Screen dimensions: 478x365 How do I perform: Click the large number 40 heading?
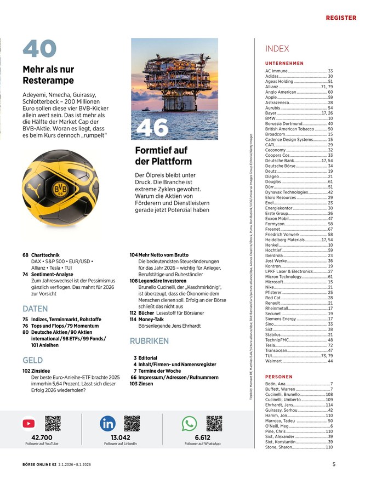click(39, 49)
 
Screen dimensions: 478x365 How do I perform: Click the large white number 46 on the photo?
click(152, 127)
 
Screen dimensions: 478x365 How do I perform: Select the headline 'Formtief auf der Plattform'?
click(163, 156)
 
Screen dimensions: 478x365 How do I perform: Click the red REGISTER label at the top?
click(341, 18)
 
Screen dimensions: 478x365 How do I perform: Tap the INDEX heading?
click(277, 49)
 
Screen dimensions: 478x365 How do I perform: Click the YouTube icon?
click(29, 423)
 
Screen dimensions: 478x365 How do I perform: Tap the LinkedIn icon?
click(107, 423)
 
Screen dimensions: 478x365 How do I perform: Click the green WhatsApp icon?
click(189, 423)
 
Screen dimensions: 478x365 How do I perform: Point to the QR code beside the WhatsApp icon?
click(214, 423)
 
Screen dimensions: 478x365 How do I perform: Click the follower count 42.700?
click(42, 437)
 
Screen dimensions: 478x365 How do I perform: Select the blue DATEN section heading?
click(35, 309)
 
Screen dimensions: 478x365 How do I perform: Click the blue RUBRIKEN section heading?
click(149, 341)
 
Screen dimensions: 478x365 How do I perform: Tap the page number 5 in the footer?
click(334, 464)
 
